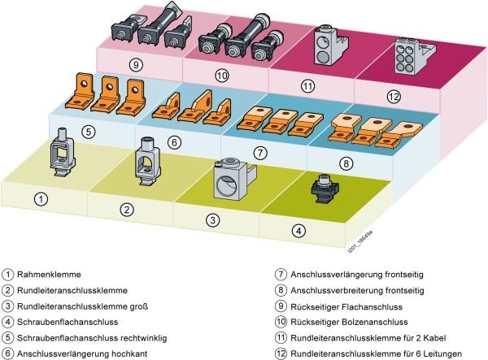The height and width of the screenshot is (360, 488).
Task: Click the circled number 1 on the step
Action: coord(41,199)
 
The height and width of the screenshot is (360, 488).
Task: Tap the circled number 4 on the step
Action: coord(298,231)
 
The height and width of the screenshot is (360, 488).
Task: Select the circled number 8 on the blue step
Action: coord(346,163)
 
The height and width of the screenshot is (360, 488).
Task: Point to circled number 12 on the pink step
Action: coord(394,97)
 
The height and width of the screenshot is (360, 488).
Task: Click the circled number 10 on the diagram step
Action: coord(222,76)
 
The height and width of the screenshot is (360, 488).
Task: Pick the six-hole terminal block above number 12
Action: coord(414,56)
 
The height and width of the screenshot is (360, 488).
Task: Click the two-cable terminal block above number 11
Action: coord(330,46)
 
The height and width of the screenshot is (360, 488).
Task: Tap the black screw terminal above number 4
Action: coord(325,189)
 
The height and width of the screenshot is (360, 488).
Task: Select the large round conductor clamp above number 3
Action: coord(233,180)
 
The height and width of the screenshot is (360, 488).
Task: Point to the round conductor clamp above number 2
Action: coord(147,162)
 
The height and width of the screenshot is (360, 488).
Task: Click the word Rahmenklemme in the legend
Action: coord(49,275)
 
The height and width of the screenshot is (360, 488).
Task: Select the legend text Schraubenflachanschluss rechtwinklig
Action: coord(92,338)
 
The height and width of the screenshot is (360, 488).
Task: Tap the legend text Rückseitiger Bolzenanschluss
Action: coord(349,322)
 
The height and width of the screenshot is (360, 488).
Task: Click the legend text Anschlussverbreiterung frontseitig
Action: coord(357,290)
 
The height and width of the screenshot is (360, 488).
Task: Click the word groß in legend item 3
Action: coord(137,306)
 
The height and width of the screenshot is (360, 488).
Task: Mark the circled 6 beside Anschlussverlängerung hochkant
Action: coord(7,353)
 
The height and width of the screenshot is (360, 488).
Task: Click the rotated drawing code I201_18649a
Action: coord(360,241)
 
